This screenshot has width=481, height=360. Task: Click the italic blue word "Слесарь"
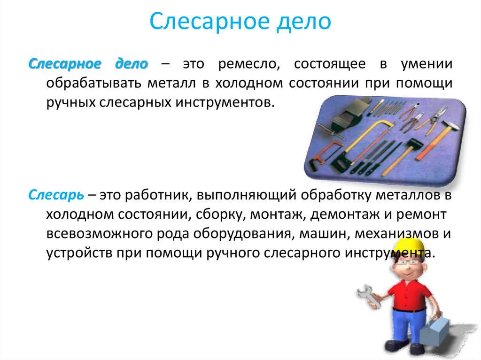tap(56, 195)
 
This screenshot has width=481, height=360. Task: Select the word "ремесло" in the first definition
tap(249, 64)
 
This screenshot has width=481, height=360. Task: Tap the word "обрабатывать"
tap(93, 83)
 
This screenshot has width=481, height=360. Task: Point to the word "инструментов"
tap(225, 102)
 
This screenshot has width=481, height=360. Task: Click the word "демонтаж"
tap(344, 214)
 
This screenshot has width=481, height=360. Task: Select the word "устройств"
tap(79, 253)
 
